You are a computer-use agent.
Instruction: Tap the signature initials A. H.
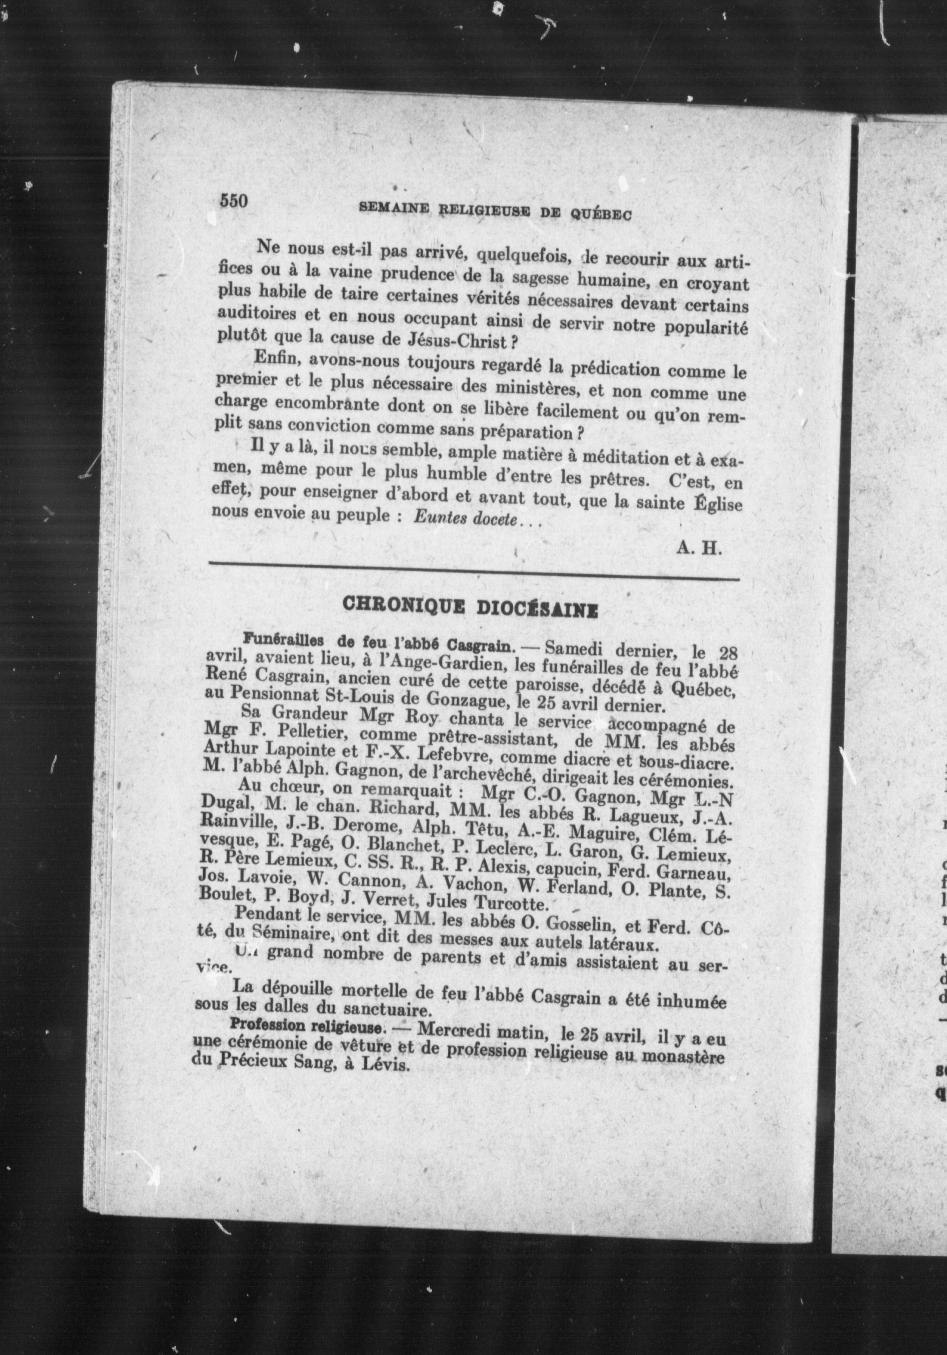699,549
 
